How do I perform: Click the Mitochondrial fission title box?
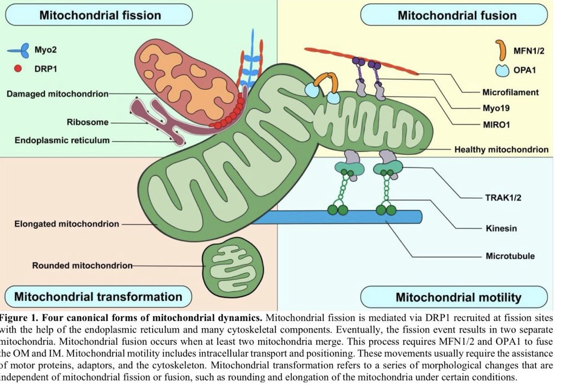100,15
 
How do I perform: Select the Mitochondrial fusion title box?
457,15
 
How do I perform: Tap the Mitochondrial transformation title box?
98,296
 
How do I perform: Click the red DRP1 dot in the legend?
18,69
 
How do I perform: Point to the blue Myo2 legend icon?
20,51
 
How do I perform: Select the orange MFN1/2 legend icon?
502,52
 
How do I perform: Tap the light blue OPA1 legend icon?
502,70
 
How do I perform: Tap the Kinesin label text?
501,228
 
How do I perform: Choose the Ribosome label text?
88,122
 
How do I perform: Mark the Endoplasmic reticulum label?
62,140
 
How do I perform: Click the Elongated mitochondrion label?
67,223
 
